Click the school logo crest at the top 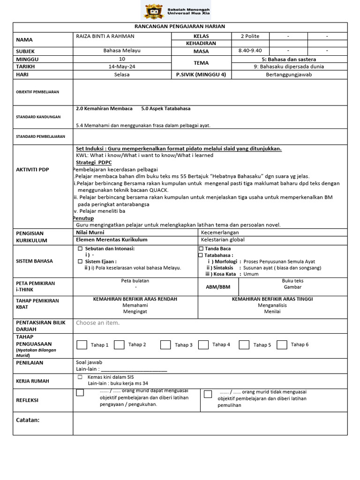(x=153, y=11)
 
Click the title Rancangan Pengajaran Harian (x=180, y=27)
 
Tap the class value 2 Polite (x=250, y=36)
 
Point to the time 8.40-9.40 (x=250, y=51)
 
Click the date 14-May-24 (x=122, y=67)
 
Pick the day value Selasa (x=122, y=75)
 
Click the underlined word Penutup (x=83, y=218)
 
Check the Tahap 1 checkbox (x=82, y=345)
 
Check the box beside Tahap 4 (x=203, y=345)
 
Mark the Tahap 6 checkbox (x=282, y=345)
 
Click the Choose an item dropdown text (x=97, y=322)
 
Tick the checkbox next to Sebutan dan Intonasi (x=80, y=248)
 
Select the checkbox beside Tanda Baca (x=201, y=248)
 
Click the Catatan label (x=28, y=420)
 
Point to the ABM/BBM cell (x=217, y=287)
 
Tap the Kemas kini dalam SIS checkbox (x=80, y=377)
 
